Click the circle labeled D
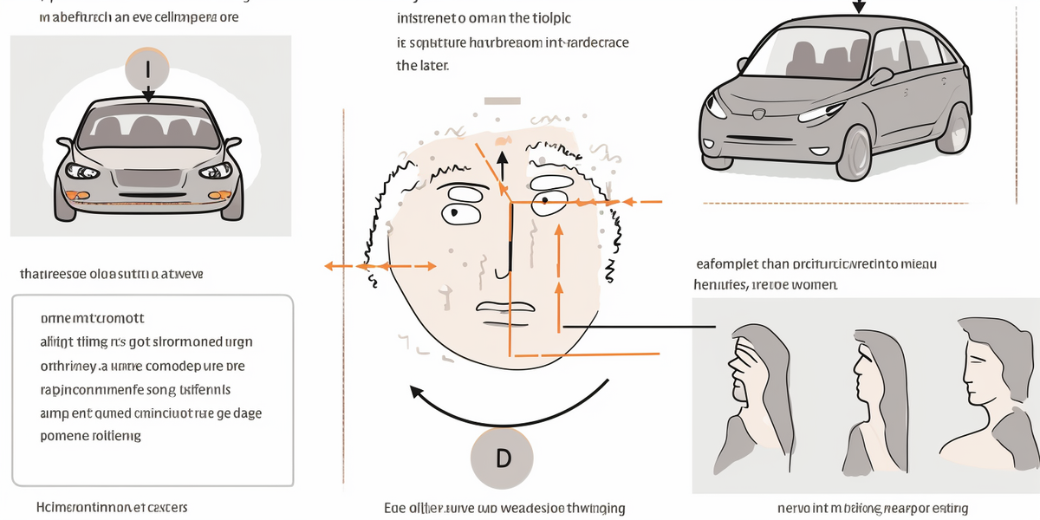503,458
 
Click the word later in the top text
433,65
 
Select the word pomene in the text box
66,436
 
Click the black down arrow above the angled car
859,7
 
